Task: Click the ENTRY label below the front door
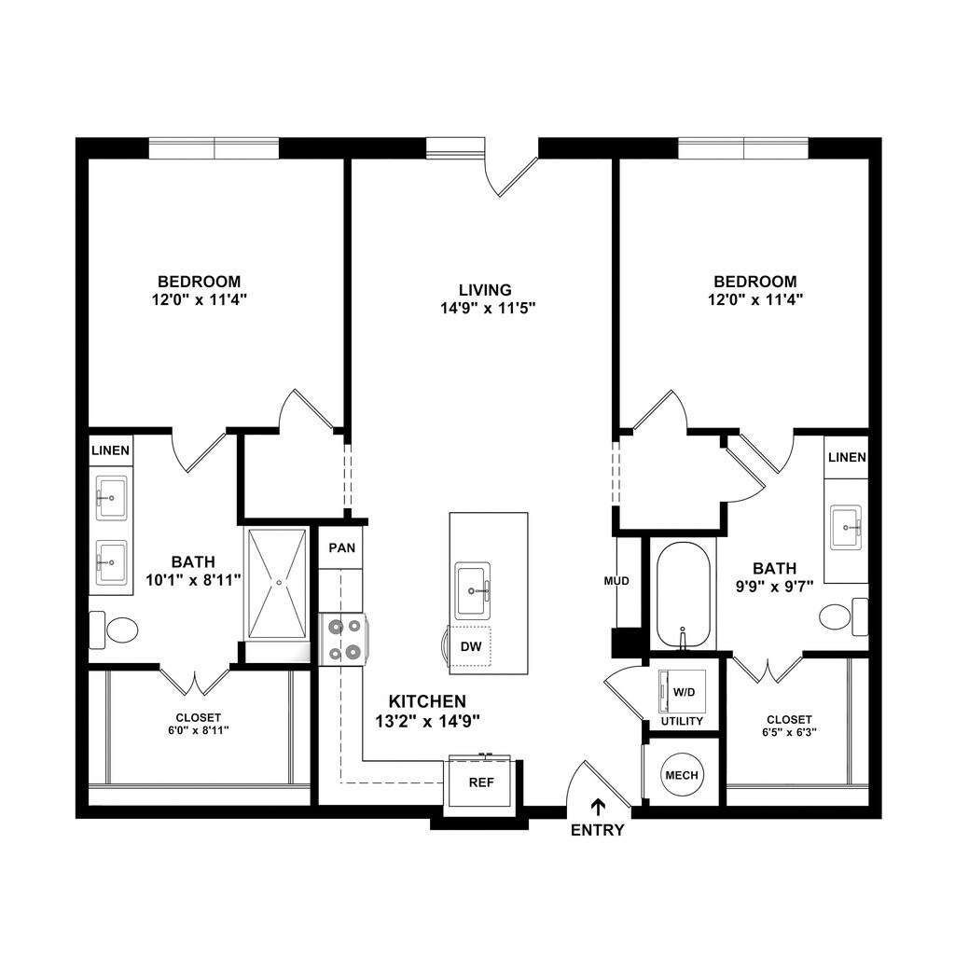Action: coord(597,829)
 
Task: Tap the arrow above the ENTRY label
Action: coord(599,808)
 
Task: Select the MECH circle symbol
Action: coord(682,775)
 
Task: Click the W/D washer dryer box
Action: coord(682,692)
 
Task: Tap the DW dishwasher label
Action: coord(471,647)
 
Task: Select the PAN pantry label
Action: coord(341,547)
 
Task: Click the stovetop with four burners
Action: coord(343,639)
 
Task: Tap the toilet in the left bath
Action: coord(114,630)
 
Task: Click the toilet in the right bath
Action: coord(843,616)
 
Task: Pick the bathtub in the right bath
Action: coord(683,594)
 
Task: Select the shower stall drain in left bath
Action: coord(279,583)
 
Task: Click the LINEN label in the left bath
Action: coord(110,450)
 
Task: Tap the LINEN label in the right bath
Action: coord(847,457)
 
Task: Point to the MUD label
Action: coord(616,581)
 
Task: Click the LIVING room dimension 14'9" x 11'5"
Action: coord(488,308)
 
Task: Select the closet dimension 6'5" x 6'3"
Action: coord(789,733)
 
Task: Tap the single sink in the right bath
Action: coord(846,527)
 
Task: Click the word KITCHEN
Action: coord(427,701)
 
